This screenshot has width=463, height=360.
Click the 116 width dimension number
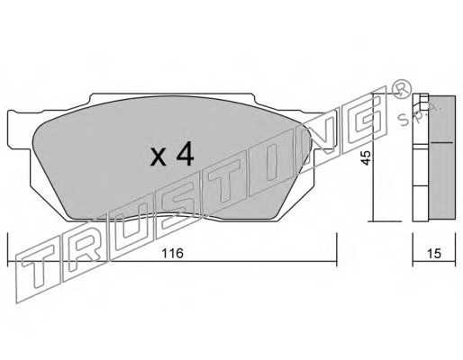(x=172, y=254)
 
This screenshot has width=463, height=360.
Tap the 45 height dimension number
(x=366, y=157)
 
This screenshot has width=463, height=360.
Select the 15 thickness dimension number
(x=434, y=254)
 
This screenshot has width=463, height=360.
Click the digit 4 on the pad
(x=186, y=154)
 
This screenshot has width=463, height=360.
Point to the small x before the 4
(x=159, y=157)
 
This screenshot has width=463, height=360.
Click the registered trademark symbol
(x=402, y=89)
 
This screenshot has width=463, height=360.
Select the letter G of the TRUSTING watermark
(x=364, y=120)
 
